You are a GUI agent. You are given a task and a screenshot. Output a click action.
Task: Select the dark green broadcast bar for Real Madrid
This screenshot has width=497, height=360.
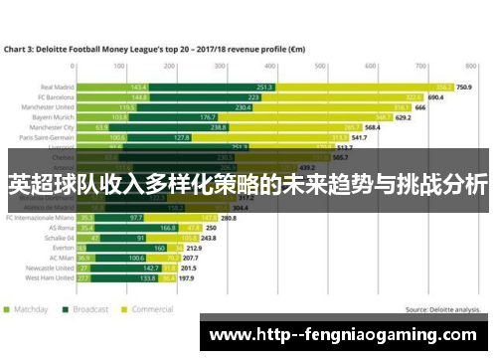(x=263, y=87)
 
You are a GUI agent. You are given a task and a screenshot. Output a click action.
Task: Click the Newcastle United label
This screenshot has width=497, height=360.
(x=49, y=269)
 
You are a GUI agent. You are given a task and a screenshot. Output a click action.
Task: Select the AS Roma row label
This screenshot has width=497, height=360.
(x=60, y=227)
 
